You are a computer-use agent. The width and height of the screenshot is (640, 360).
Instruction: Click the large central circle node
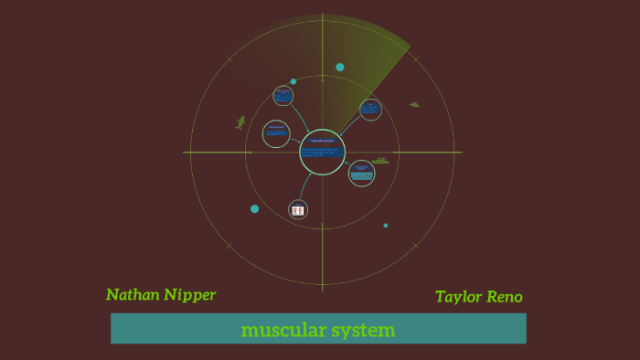323,152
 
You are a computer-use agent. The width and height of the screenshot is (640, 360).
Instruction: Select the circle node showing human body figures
298,209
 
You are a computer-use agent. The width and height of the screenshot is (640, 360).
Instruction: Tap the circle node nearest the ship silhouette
362,173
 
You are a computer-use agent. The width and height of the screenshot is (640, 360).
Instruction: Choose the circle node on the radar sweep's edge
370,110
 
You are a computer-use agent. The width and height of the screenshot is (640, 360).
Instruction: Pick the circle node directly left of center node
275,133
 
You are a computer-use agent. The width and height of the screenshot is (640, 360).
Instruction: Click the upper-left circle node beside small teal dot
283,95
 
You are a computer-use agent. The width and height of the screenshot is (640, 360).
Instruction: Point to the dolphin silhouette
241,122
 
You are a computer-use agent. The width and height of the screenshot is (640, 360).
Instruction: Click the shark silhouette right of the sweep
414,104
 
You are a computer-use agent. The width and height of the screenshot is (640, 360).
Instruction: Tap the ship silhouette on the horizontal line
379,161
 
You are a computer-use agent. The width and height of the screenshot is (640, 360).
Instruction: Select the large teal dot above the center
340,67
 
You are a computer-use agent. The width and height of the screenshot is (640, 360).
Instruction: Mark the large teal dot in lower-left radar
254,208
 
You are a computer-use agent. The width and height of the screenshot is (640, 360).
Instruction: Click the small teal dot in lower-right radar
386,225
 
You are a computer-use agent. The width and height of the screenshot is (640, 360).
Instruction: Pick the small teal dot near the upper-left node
293,81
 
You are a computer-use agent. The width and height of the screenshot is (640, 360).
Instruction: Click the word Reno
506,297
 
